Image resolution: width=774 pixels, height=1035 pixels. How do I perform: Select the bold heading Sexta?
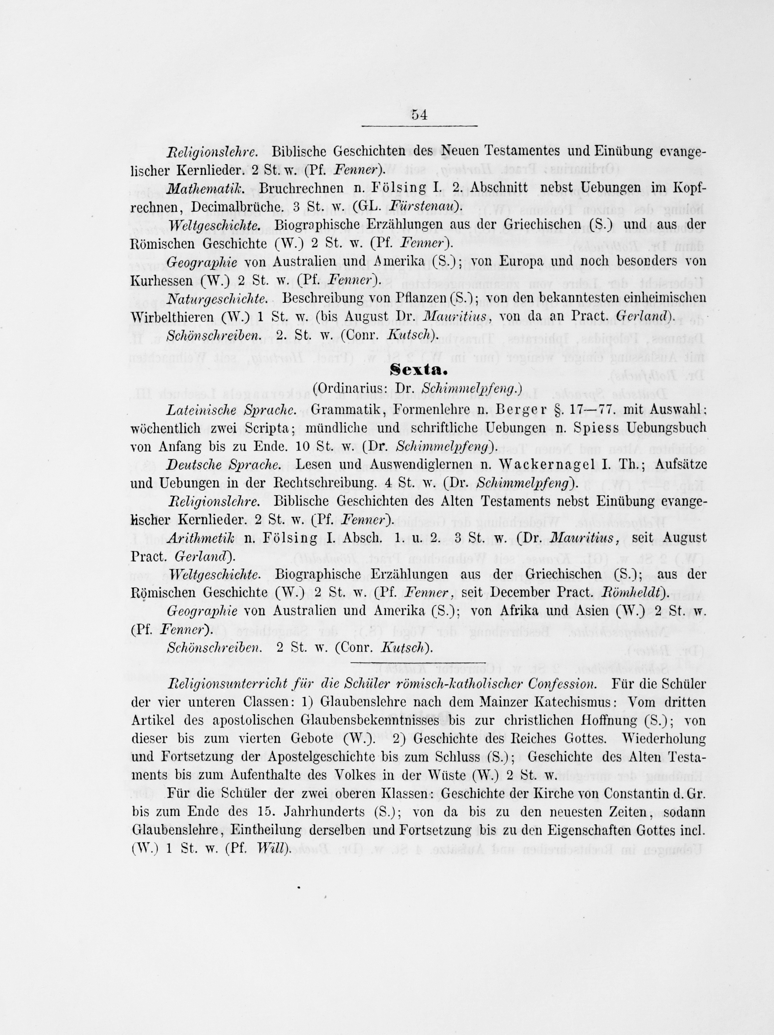(419, 370)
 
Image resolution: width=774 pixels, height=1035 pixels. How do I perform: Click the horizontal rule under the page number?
(419, 126)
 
